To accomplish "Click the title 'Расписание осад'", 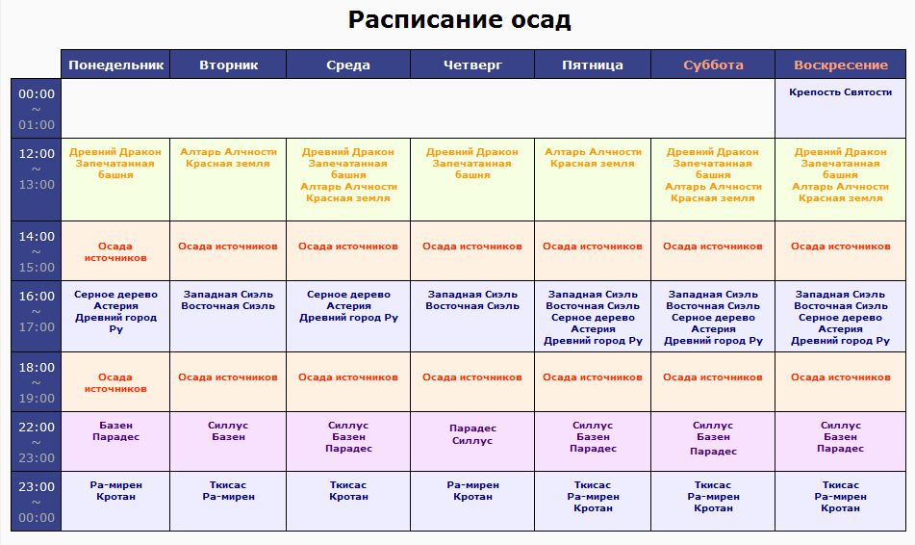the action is tap(459, 20).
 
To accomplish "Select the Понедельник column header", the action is tap(115, 65).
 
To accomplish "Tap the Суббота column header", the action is tap(713, 65).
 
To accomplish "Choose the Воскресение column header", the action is tap(840, 65).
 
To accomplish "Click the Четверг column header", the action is tap(472, 65).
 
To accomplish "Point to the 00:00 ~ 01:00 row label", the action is tap(37, 109).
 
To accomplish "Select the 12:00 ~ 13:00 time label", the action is tap(37, 169).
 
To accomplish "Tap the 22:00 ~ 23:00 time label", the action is tap(37, 442).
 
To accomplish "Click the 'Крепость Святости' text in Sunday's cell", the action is tap(840, 92).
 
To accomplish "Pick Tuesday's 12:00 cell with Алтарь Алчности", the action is tap(228, 180).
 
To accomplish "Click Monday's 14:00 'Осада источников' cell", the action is tap(115, 251).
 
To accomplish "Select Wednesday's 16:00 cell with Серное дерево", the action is tap(348, 317).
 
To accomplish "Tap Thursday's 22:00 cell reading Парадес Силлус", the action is tap(472, 442).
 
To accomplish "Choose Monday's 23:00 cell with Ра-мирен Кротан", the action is tap(115, 502).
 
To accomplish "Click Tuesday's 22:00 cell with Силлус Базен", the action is tap(228, 442).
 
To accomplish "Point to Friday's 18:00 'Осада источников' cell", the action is tap(593, 382).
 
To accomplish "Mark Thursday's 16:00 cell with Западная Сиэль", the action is tap(472, 317).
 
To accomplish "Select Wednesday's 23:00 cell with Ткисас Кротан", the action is tap(348, 502).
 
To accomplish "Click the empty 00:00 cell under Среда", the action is tap(348, 109).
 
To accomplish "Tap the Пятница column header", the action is tap(593, 65).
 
